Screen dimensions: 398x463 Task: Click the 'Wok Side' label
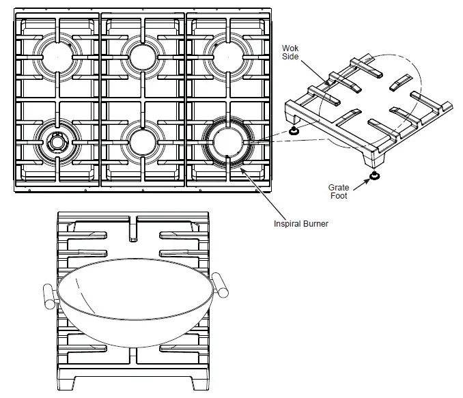click(x=290, y=52)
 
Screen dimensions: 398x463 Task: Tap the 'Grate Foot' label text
click(x=338, y=191)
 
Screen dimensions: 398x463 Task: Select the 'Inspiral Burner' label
click(x=301, y=223)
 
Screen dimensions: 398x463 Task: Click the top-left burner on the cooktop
click(x=58, y=56)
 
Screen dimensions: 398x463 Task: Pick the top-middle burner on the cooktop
click(x=143, y=56)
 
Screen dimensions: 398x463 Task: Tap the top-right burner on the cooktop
click(x=229, y=56)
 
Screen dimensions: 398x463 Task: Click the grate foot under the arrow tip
click(x=374, y=177)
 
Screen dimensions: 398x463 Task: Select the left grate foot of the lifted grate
click(x=294, y=130)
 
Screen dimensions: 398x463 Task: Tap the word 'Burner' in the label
click(x=315, y=223)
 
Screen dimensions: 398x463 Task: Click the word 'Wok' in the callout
click(x=290, y=48)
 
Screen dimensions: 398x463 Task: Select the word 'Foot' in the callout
click(x=338, y=196)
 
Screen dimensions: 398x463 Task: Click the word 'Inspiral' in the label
click(x=287, y=223)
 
